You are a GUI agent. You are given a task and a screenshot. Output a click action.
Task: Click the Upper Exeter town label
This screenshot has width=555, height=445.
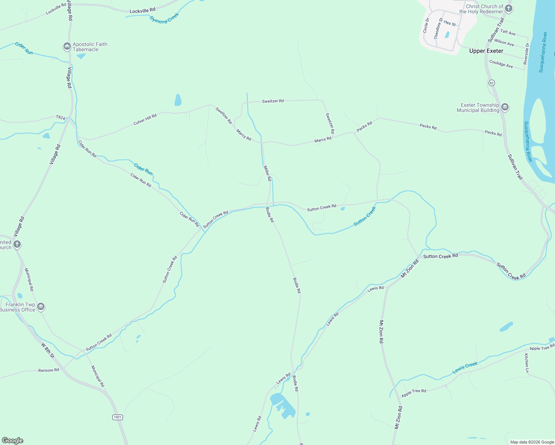(486, 51)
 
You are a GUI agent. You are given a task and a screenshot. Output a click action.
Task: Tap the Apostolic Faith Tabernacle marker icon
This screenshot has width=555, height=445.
(67, 46)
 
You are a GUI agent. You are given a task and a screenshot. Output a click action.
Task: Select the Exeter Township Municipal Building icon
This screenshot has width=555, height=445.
(505, 108)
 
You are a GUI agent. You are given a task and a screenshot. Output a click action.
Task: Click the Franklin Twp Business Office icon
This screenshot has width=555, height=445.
(41, 307)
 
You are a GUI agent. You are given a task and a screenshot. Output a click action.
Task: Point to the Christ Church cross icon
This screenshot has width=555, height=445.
(509, 9)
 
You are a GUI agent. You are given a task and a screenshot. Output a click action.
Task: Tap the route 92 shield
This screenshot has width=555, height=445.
(492, 83)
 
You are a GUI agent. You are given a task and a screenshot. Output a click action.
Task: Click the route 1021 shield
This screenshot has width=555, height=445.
(117, 417)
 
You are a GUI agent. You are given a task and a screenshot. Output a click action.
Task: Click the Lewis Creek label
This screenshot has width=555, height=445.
(465, 367)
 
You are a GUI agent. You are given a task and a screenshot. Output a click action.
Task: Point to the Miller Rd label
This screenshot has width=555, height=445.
(267, 173)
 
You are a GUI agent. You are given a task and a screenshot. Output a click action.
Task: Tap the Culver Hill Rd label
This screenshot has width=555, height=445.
(145, 119)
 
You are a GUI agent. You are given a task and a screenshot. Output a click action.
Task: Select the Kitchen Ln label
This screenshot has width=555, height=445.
(526, 363)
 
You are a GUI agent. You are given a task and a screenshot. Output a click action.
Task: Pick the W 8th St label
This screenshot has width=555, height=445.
(47, 350)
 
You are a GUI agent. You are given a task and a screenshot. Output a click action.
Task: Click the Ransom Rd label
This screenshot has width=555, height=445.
(49, 370)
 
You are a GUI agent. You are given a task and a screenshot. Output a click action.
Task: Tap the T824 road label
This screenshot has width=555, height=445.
(60, 118)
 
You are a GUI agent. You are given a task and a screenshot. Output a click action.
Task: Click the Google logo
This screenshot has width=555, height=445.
(13, 441)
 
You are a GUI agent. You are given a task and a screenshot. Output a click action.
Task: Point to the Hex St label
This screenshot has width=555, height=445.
(450, 23)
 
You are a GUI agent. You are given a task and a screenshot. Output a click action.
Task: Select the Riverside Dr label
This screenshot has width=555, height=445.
(526, 54)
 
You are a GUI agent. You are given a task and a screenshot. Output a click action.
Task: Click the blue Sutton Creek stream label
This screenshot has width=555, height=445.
(365, 216)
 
